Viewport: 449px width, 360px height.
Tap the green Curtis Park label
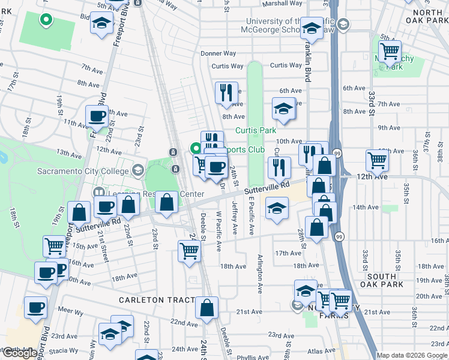(x=255, y=130)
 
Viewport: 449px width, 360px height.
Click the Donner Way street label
(x=214, y=53)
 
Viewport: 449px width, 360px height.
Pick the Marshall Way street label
(x=282, y=3)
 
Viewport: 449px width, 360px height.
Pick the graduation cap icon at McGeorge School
(x=312, y=27)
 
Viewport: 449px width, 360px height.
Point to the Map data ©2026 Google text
(x=412, y=355)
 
